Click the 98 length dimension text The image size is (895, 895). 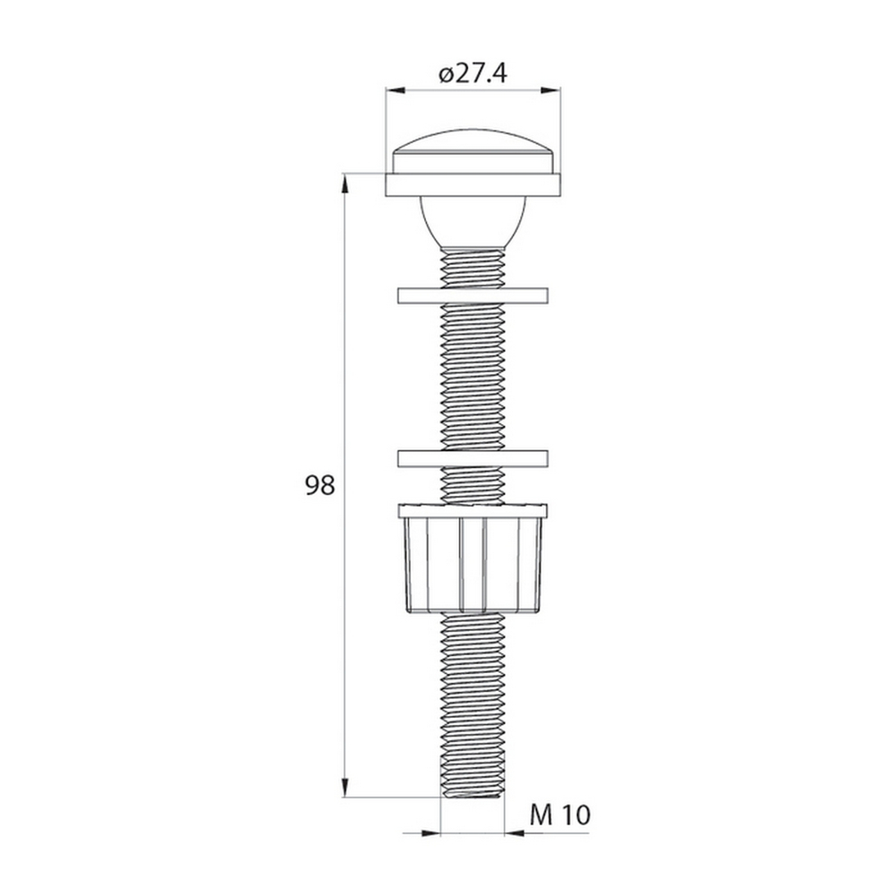click(320, 486)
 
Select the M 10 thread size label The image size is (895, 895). click(560, 814)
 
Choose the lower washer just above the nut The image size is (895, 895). click(473, 458)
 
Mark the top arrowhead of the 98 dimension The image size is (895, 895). click(345, 182)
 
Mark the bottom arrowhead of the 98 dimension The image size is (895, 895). click(345, 788)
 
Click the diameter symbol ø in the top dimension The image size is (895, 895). click(447, 74)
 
